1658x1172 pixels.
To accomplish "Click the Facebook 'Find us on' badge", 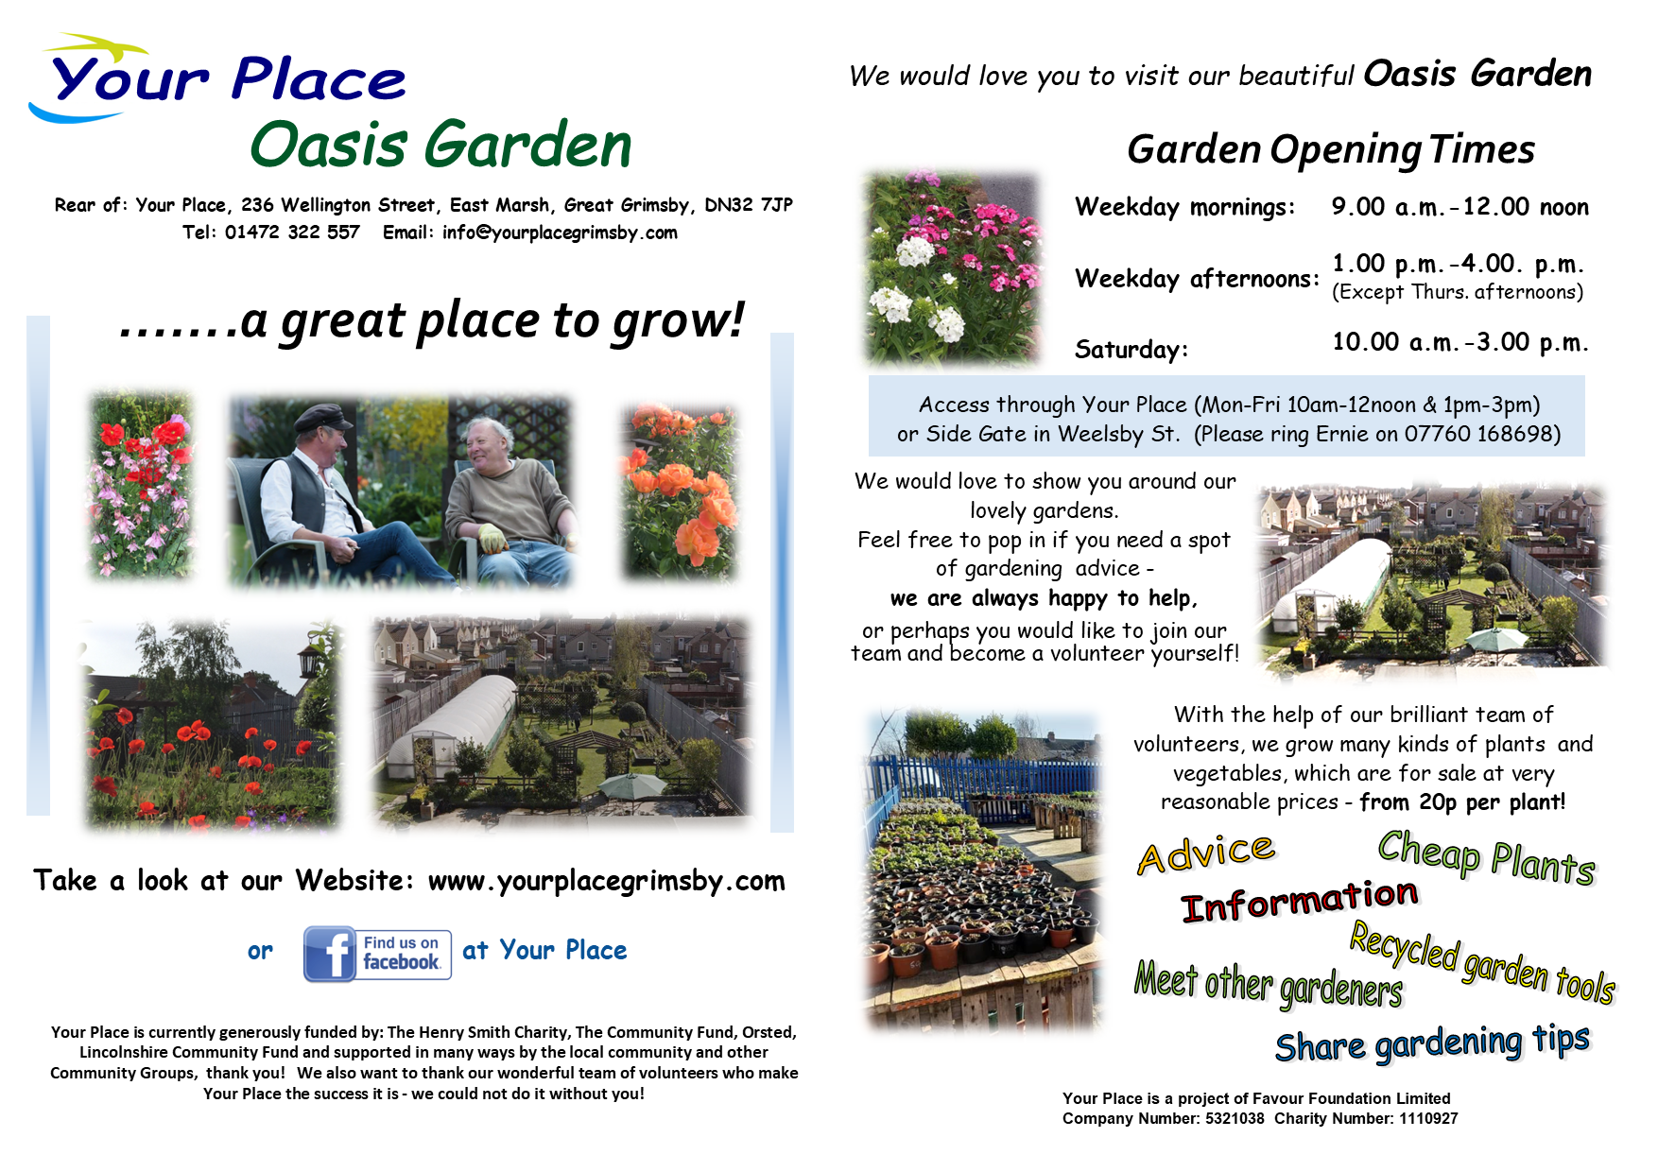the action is pos(377,954).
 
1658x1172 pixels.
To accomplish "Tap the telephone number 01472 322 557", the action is pos(292,233).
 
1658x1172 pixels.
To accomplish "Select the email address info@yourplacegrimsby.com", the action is pos(560,233).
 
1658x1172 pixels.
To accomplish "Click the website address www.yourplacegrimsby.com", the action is pos(607,881).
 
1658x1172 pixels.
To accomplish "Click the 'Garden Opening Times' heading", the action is pos(1331,149).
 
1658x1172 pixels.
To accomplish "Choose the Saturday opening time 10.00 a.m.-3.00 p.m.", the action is pos(1460,341).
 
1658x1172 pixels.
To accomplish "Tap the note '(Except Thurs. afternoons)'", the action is pos(1458,292).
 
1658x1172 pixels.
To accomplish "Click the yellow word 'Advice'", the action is pos(1206,853).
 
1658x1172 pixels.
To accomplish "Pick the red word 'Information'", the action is pos(1301,900).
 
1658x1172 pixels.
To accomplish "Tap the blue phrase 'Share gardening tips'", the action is pos(1432,1043).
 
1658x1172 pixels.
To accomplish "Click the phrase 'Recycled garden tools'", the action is pos(1482,962).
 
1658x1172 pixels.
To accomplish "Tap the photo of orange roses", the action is pos(679,491).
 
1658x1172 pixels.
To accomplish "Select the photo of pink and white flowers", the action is pos(953,267).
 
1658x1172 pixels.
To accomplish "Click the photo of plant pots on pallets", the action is pos(983,870).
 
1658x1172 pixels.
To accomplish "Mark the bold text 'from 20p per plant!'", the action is pos(1462,802).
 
